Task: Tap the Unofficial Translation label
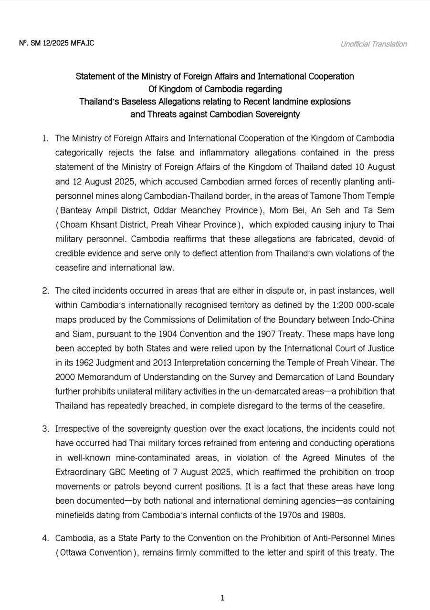tap(373, 44)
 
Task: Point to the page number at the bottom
tap(222, 598)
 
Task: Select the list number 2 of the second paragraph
tap(45, 291)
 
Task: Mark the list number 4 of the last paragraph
tap(45, 538)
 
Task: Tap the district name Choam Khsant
tap(84, 224)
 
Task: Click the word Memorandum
tap(104, 377)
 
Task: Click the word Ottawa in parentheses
tap(74, 552)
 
